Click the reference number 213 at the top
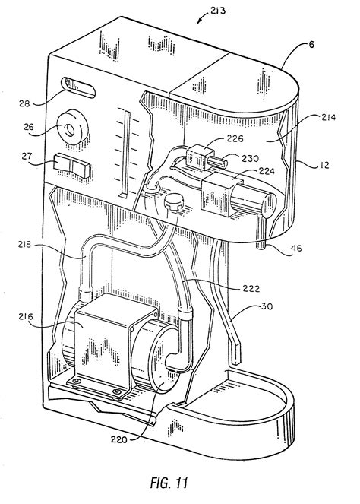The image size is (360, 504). pos(218,11)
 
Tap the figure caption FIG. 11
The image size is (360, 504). pos(169,483)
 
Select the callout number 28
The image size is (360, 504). pos(24,103)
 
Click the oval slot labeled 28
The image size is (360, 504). pos(79,87)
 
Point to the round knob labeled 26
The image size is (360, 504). pos(73,127)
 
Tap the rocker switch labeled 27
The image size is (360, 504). pos(72,165)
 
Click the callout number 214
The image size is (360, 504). pos(328,117)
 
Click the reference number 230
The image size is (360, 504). pos(251,158)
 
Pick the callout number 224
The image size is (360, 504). pos(267,171)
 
